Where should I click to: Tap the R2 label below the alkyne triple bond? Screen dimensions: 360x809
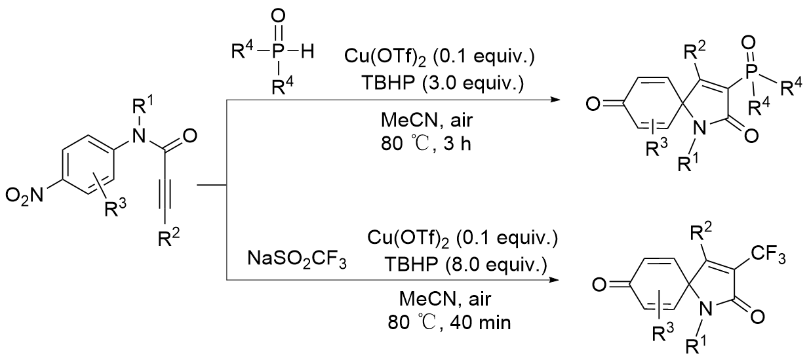click(169, 238)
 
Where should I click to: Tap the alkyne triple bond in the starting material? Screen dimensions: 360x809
click(163, 193)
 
